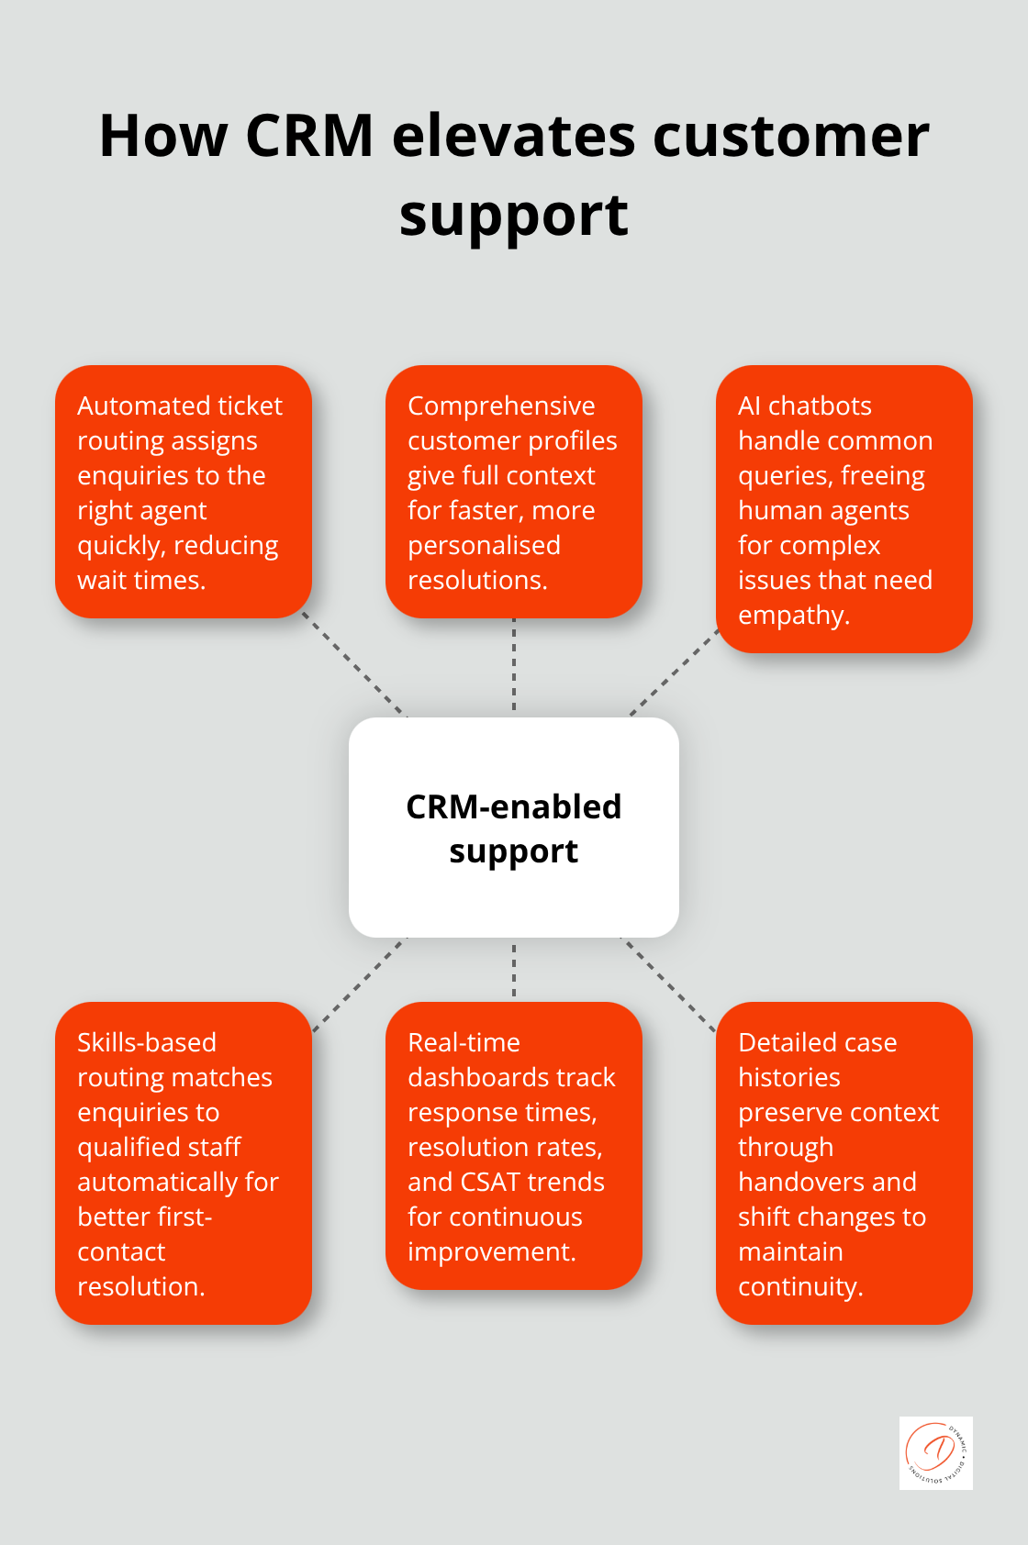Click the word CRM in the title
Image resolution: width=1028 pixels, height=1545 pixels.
click(309, 136)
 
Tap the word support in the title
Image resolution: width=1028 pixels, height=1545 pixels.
click(513, 217)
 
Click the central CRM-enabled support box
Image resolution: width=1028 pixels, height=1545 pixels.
click(513, 828)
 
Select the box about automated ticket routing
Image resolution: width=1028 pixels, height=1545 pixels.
click(183, 492)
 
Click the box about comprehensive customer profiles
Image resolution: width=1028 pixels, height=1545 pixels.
click(513, 492)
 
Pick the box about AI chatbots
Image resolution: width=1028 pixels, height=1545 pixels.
click(844, 509)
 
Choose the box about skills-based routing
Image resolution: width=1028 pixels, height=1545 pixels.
click(183, 1162)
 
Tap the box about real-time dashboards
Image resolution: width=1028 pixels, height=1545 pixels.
click(513, 1146)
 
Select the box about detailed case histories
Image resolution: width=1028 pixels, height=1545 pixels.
click(844, 1162)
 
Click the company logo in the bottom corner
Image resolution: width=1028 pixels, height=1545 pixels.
click(935, 1452)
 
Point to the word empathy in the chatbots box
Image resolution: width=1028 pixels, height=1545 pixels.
click(792, 616)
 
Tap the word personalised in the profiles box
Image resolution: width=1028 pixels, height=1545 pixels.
click(484, 546)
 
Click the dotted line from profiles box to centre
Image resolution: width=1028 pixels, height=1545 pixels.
click(514, 667)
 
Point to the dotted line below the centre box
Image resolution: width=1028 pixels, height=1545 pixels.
click(514, 970)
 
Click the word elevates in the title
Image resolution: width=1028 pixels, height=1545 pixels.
click(513, 136)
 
